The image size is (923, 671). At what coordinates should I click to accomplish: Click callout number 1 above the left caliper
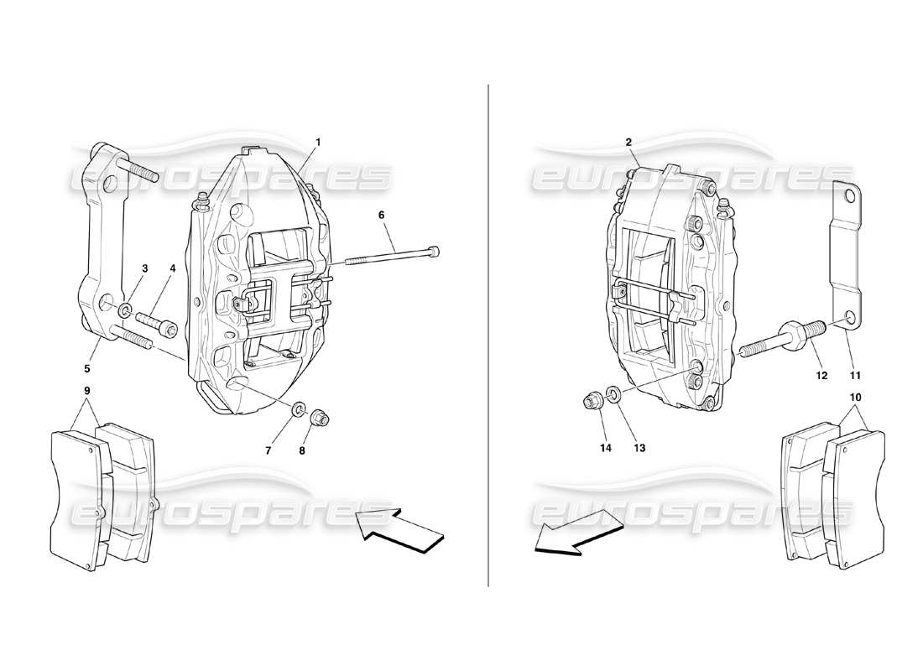click(x=318, y=142)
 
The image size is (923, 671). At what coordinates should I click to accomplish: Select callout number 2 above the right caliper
click(x=628, y=143)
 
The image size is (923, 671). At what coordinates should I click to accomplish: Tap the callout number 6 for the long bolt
click(x=381, y=216)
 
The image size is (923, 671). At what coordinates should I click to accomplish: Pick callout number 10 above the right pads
click(x=855, y=396)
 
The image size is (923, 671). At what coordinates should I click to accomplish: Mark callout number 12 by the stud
click(x=821, y=376)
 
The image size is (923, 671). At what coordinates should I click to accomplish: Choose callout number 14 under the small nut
click(x=606, y=448)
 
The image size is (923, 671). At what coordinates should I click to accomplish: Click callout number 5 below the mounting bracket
click(x=88, y=367)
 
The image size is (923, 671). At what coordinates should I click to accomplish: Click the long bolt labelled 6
click(x=394, y=257)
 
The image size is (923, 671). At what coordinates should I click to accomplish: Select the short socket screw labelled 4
click(x=157, y=325)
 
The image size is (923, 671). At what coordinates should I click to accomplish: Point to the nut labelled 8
click(x=321, y=417)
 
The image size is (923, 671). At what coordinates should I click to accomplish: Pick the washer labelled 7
click(x=297, y=410)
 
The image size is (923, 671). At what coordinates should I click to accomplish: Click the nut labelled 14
click(x=591, y=402)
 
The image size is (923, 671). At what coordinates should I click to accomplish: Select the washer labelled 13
click(x=613, y=394)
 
